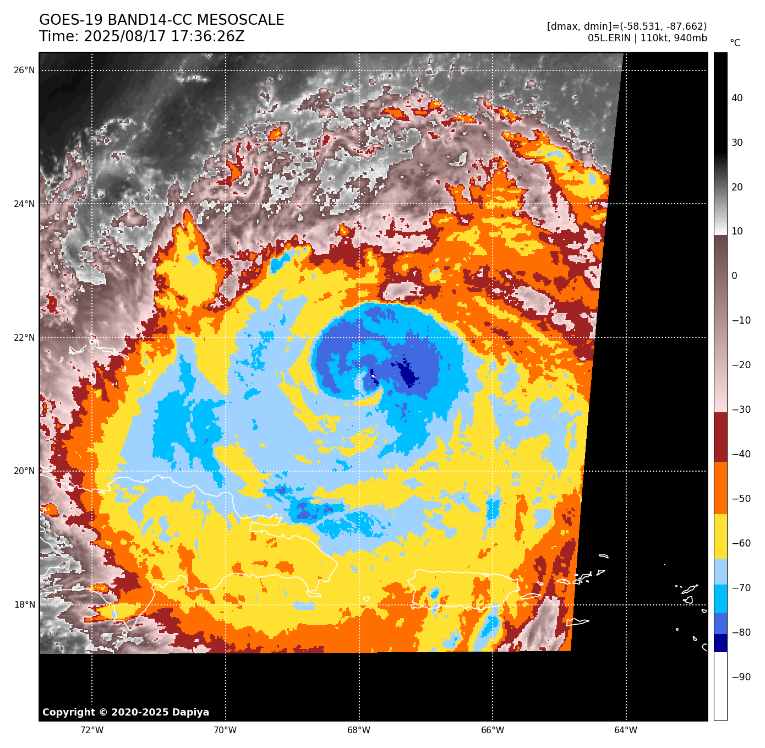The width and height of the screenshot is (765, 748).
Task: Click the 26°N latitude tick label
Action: click(x=24, y=70)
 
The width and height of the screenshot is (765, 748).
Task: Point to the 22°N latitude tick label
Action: click(x=24, y=337)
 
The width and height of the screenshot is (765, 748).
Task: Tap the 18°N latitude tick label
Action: click(x=24, y=605)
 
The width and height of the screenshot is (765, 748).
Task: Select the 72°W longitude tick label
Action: click(x=92, y=730)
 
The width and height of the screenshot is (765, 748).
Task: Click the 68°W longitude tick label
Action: click(x=359, y=730)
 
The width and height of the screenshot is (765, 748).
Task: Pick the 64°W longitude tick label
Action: click(x=626, y=730)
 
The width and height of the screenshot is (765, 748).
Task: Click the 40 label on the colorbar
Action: click(x=737, y=99)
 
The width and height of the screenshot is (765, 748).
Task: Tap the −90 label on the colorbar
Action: click(x=741, y=677)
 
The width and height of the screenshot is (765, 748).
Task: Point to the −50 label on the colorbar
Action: click(x=741, y=499)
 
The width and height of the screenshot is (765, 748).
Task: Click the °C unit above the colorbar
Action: click(x=735, y=43)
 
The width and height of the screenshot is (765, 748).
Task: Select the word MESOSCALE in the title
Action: click(x=241, y=20)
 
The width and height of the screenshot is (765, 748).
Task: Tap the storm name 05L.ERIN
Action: click(x=608, y=38)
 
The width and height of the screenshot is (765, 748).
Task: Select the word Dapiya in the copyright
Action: click(x=190, y=712)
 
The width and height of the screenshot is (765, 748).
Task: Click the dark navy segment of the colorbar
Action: click(x=720, y=643)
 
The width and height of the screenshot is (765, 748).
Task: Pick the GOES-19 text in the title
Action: click(x=71, y=20)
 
